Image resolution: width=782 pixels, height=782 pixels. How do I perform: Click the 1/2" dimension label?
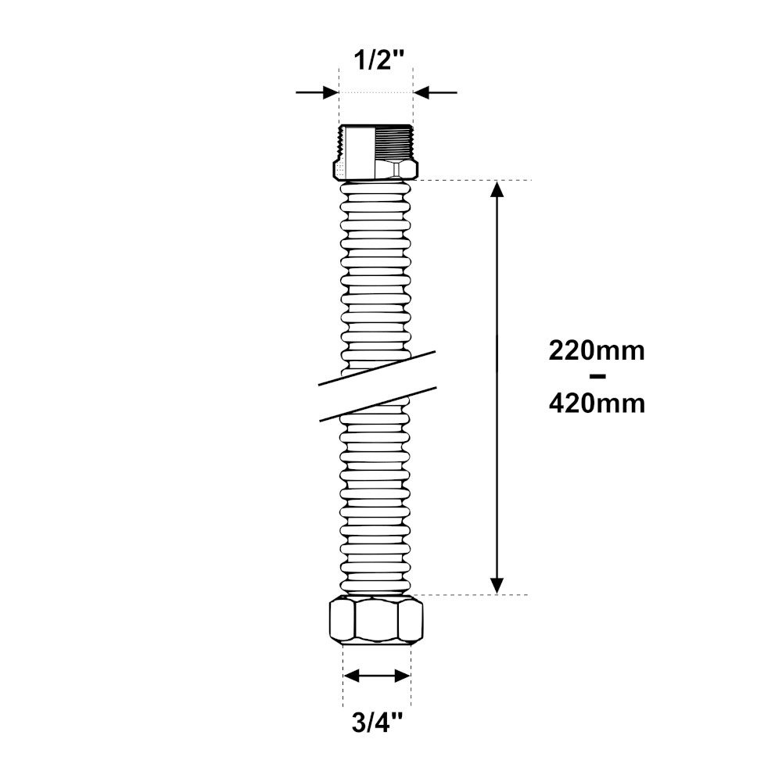pyautogui.click(x=378, y=61)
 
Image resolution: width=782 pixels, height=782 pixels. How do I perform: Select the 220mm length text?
pyautogui.click(x=597, y=352)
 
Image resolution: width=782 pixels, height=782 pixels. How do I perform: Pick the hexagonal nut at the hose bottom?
pyautogui.click(x=377, y=620)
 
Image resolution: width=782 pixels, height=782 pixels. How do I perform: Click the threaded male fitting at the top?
pyautogui.click(x=376, y=152)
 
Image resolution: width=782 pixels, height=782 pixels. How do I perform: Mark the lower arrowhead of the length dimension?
pyautogui.click(x=497, y=586)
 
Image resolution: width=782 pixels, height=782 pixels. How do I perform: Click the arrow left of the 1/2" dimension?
pyautogui.click(x=317, y=92)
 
